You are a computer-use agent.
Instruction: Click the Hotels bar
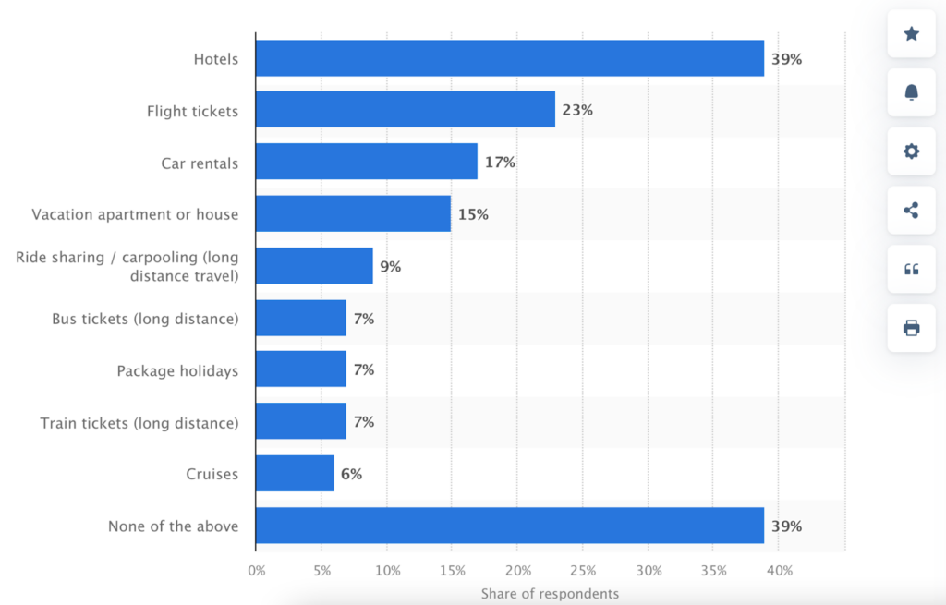[510, 58]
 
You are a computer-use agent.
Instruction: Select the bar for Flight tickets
[406, 110]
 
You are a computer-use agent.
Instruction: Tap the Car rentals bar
[367, 162]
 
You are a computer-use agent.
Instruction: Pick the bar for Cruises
[295, 473]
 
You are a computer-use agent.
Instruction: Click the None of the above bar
[510, 526]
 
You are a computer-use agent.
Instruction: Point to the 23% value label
[577, 110]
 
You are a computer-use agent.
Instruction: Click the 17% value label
[500, 163]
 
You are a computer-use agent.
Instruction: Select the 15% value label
[473, 214]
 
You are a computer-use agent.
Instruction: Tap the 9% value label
[390, 267]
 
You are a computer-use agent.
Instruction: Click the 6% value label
[350, 474]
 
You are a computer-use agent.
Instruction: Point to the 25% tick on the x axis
[582, 570]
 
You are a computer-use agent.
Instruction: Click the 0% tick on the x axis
[257, 570]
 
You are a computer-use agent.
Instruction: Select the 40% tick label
[779, 570]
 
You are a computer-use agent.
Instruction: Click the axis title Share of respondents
[550, 593]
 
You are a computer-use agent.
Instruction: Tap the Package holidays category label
[177, 371]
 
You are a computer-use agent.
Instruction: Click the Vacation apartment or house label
[135, 214]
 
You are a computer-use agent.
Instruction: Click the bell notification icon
[911, 91]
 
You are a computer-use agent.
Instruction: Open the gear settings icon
[911, 151]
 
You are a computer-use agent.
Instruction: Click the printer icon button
[911, 327]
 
